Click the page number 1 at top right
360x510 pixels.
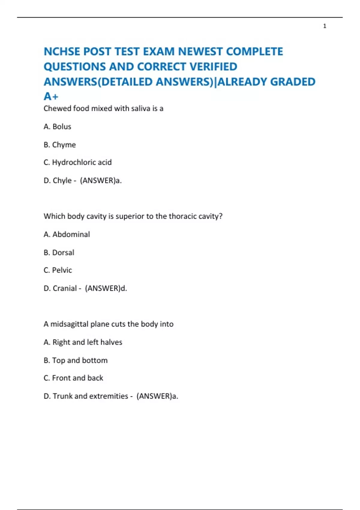(325, 26)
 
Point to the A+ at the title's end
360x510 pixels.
(51, 97)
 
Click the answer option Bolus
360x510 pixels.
(62, 127)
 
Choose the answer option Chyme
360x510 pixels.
(64, 145)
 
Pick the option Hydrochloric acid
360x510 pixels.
(82, 162)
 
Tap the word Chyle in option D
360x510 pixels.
(62, 180)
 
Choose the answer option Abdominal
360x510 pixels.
(71, 234)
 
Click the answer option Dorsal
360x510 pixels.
(63, 252)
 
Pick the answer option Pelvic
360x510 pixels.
(62, 270)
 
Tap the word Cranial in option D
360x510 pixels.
(65, 288)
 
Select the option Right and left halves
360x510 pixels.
(87, 342)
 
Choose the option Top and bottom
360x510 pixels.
(80, 360)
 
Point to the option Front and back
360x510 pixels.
(77, 378)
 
